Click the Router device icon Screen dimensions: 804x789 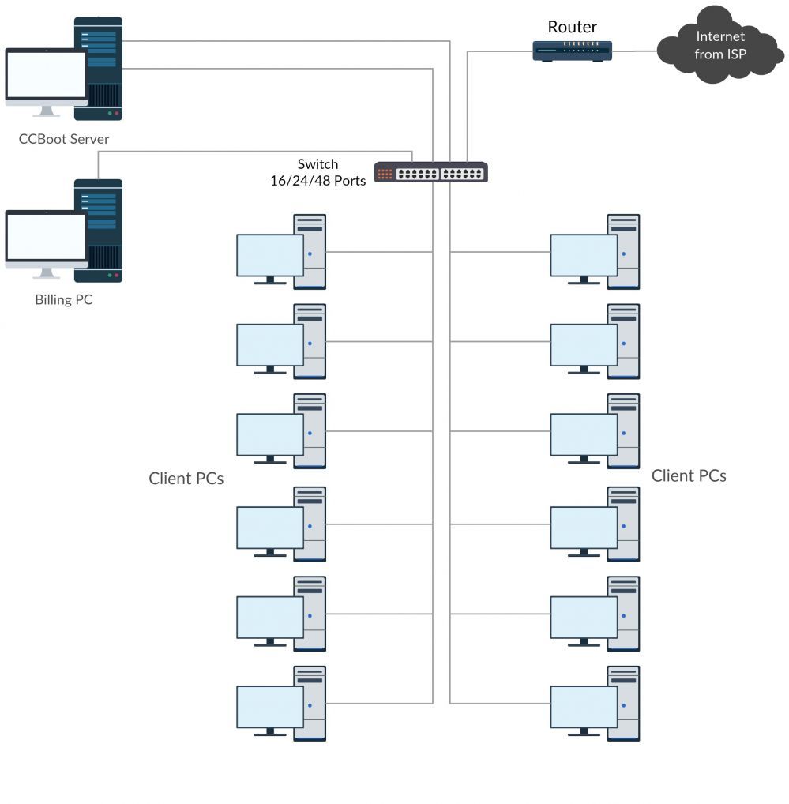(573, 51)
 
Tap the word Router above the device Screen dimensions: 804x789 (572, 27)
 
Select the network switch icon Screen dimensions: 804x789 (430, 172)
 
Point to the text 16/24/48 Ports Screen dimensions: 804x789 (317, 181)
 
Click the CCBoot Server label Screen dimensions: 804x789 (64, 139)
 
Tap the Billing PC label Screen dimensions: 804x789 (64, 300)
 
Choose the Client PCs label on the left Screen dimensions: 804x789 (186, 479)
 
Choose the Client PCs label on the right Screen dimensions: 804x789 (689, 475)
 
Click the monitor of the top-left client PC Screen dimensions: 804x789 (270, 255)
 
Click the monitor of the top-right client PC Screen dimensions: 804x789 (584, 255)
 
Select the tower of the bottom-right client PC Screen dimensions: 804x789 (623, 703)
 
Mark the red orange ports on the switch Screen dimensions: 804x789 (385, 174)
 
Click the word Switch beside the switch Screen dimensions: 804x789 (317, 164)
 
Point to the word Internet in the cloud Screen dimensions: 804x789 (720, 36)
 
